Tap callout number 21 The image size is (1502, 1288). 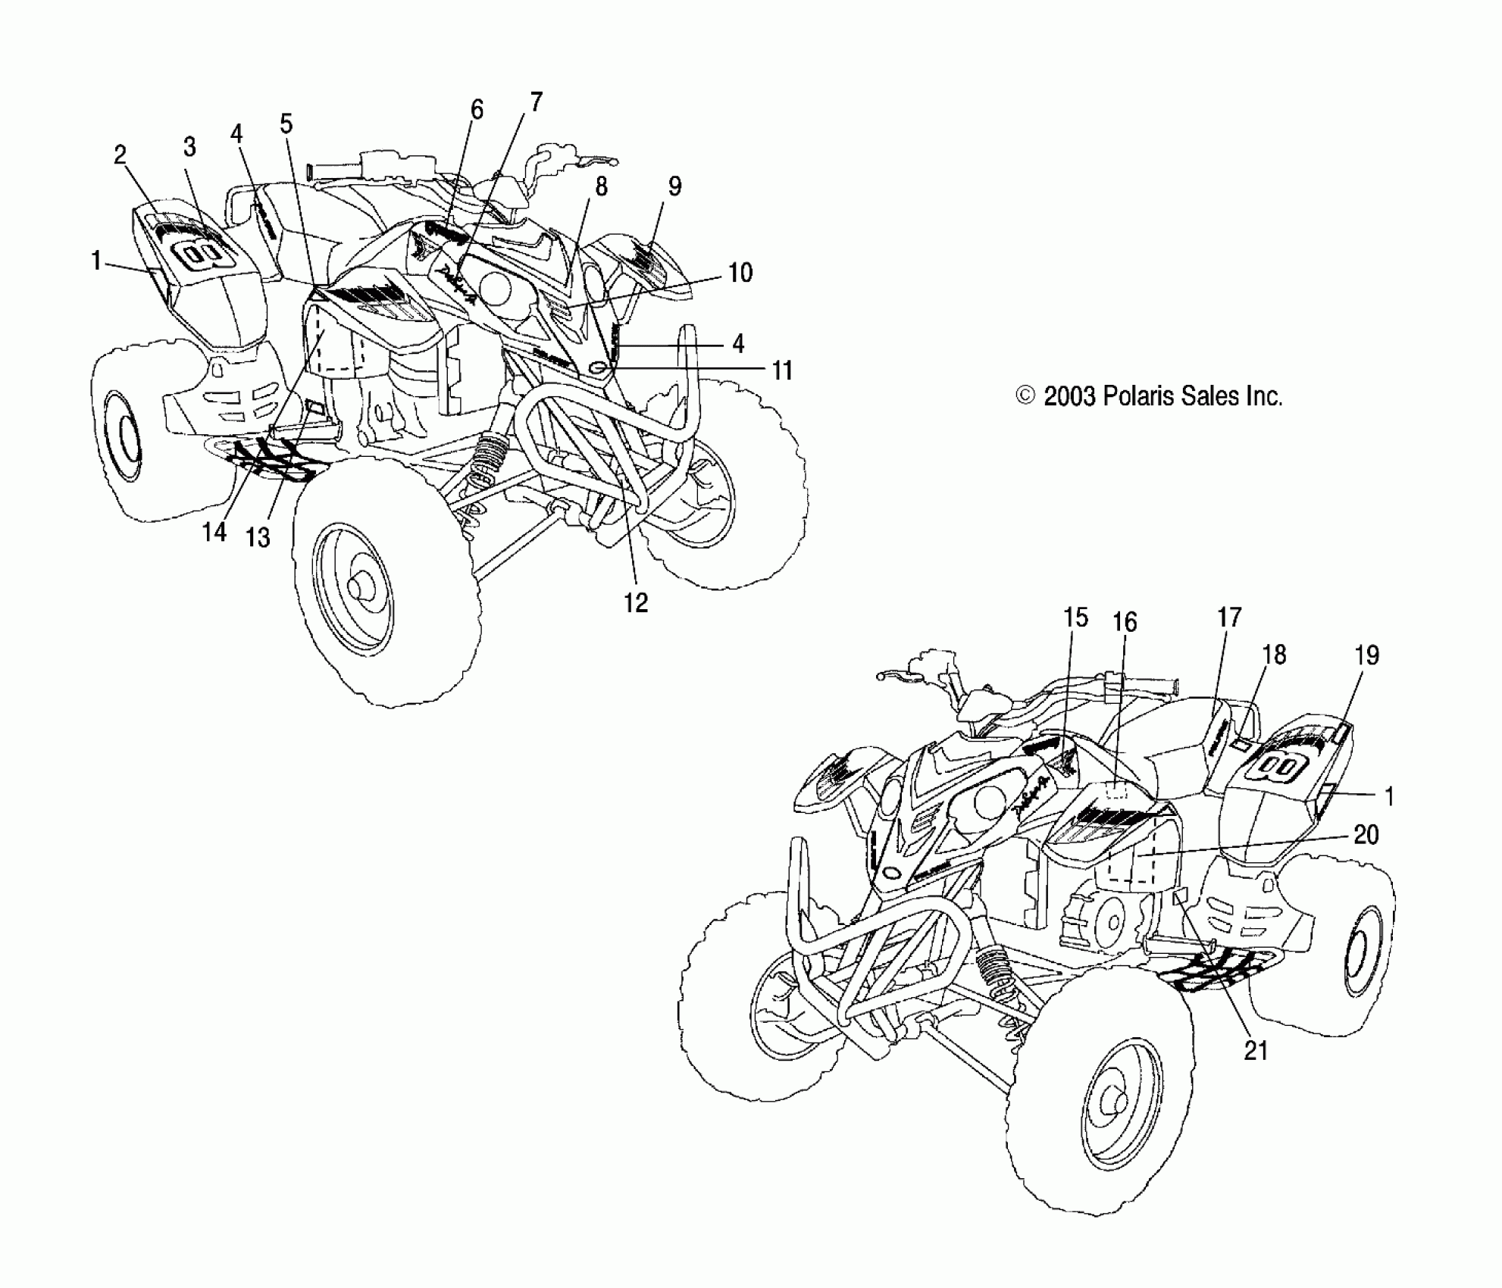pos(1255,1051)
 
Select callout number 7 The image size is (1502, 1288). pos(536,102)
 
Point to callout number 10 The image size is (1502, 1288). pos(740,273)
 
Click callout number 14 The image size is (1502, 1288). pos(214,533)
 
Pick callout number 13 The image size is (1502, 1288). pos(258,537)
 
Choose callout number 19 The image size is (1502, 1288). pos(1366,655)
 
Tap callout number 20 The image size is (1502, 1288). pos(1366,835)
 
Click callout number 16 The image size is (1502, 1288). pos(1125,623)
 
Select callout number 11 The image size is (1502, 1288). pos(781,370)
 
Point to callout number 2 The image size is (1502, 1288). pos(120,155)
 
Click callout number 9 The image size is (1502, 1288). pos(674,186)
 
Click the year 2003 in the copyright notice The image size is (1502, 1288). pos(1069,396)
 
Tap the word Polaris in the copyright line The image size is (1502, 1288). pos(1137,396)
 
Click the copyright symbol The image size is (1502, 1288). pos(1025,396)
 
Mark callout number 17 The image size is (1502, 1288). pos(1229,617)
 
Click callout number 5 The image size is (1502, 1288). pos(286,123)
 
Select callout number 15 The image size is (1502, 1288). pos(1075,617)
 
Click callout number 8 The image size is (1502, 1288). pos(601,187)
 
